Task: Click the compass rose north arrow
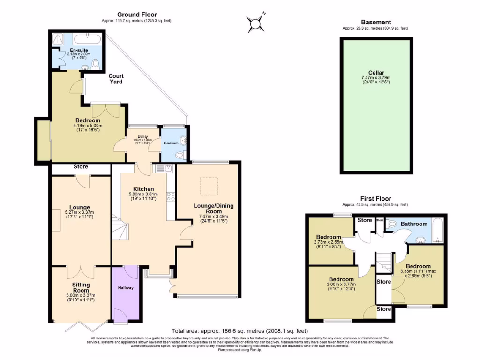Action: pyautogui.click(x=256, y=21)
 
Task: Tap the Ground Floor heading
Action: pyautogui.click(x=137, y=15)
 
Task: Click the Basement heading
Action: pyautogui.click(x=375, y=22)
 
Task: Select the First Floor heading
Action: pyautogui.click(x=375, y=199)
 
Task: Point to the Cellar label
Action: pyautogui.click(x=376, y=73)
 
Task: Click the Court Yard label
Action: pyautogui.click(x=116, y=79)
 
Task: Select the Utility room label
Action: pyautogui.click(x=142, y=137)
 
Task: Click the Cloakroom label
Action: pyautogui.click(x=172, y=143)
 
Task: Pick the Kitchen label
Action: pyautogui.click(x=143, y=189)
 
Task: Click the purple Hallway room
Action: pyautogui.click(x=125, y=294)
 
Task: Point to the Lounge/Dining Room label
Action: pyautogui.click(x=213, y=209)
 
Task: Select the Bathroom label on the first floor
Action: pyautogui.click(x=414, y=224)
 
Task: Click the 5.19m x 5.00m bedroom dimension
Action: pyautogui.click(x=88, y=126)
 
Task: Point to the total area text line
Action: pyautogui.click(x=240, y=330)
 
